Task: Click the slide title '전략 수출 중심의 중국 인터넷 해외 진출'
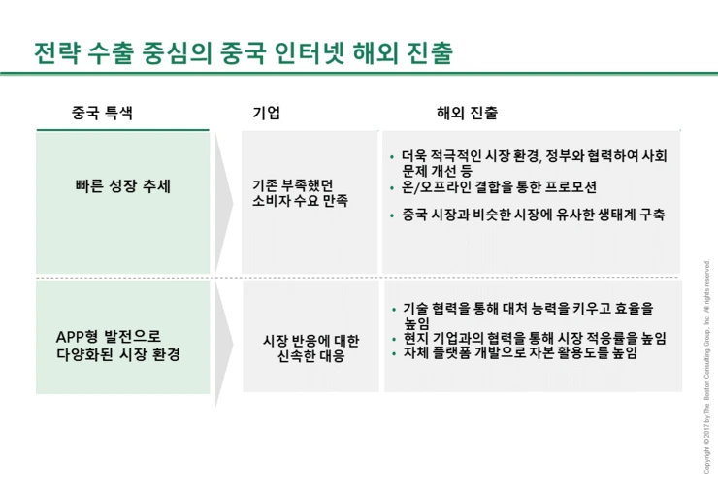243,52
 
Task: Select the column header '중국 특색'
102,113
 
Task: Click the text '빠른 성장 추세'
122,185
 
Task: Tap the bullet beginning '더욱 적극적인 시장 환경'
534,162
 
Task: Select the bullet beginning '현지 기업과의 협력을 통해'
535,338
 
